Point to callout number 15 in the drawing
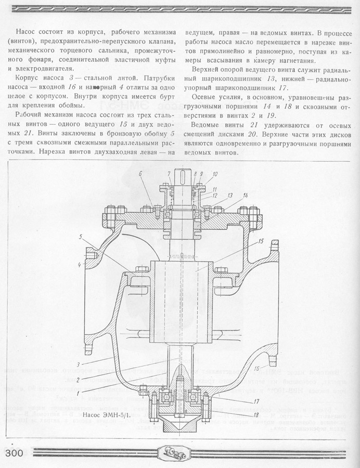(x=261, y=241)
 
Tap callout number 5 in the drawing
(x=81, y=237)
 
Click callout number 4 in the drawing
(x=80, y=265)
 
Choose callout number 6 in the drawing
(x=140, y=174)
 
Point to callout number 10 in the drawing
(x=215, y=174)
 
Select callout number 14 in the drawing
(x=245, y=195)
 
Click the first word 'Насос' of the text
(x=27, y=32)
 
